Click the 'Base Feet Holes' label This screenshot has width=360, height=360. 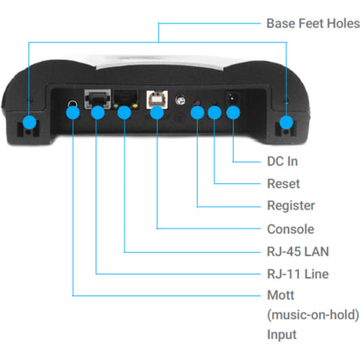tap(311, 23)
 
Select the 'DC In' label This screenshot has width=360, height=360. tap(282, 162)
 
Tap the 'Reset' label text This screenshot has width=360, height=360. tap(283, 184)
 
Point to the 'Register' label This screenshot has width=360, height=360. tap(290, 207)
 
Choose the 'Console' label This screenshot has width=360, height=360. tap(290, 229)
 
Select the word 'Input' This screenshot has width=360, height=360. tap(282, 334)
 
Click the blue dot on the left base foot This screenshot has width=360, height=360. tap(29, 122)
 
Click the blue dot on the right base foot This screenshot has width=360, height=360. tap(286, 122)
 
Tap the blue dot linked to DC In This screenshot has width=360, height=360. tap(232, 112)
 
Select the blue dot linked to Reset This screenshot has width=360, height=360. tap(214, 112)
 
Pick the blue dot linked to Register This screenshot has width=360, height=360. tap(196, 112)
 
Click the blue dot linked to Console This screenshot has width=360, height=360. tap(157, 112)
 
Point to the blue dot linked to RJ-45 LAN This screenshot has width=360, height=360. tap(124, 112)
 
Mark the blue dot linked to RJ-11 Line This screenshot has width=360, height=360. tap(97, 112)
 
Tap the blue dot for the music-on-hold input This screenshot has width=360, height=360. tap(72, 112)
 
